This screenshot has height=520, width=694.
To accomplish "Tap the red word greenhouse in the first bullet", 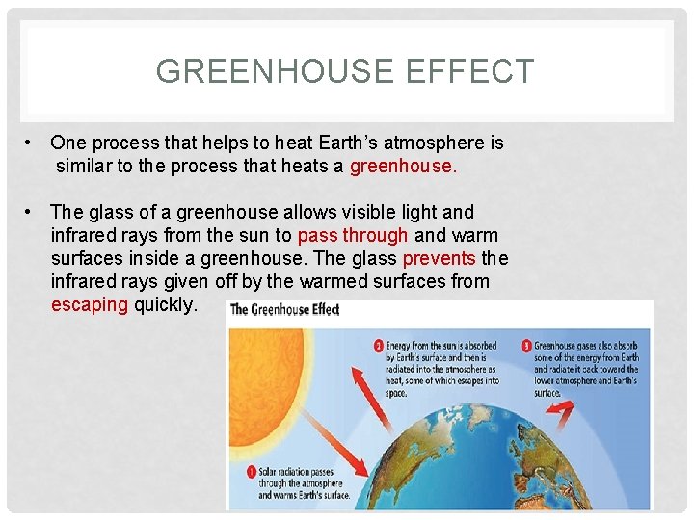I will (x=401, y=166).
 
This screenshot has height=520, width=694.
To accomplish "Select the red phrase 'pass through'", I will (x=353, y=235).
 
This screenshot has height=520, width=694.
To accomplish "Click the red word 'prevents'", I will (x=439, y=258).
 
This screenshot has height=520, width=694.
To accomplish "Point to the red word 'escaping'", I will (x=89, y=304).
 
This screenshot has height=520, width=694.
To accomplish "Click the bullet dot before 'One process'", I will (x=32, y=143).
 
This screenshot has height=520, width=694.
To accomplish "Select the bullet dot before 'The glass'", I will (x=32, y=212).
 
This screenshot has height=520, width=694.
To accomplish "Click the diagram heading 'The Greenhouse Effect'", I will (x=285, y=310).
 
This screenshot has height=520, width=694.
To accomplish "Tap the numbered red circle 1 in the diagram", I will (x=250, y=472).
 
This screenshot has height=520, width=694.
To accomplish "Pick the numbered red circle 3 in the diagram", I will (x=526, y=345).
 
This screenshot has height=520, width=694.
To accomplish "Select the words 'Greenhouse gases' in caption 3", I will (x=565, y=345).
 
